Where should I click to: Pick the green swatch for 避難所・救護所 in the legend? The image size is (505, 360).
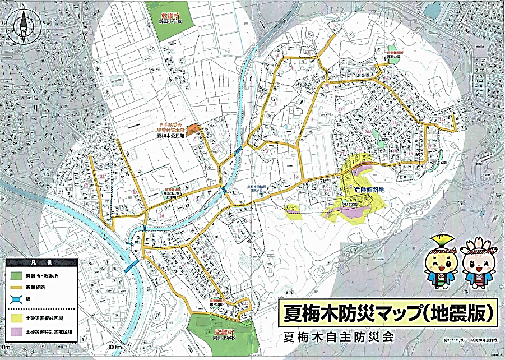tap(16, 275)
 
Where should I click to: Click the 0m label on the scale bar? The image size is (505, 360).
tap(7, 349)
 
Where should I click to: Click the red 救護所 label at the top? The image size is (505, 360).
tap(169, 17)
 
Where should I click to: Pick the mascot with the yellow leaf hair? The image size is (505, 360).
tap(440, 259)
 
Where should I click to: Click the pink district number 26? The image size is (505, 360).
tap(161, 215)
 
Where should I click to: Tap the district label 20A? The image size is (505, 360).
tap(367, 131)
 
